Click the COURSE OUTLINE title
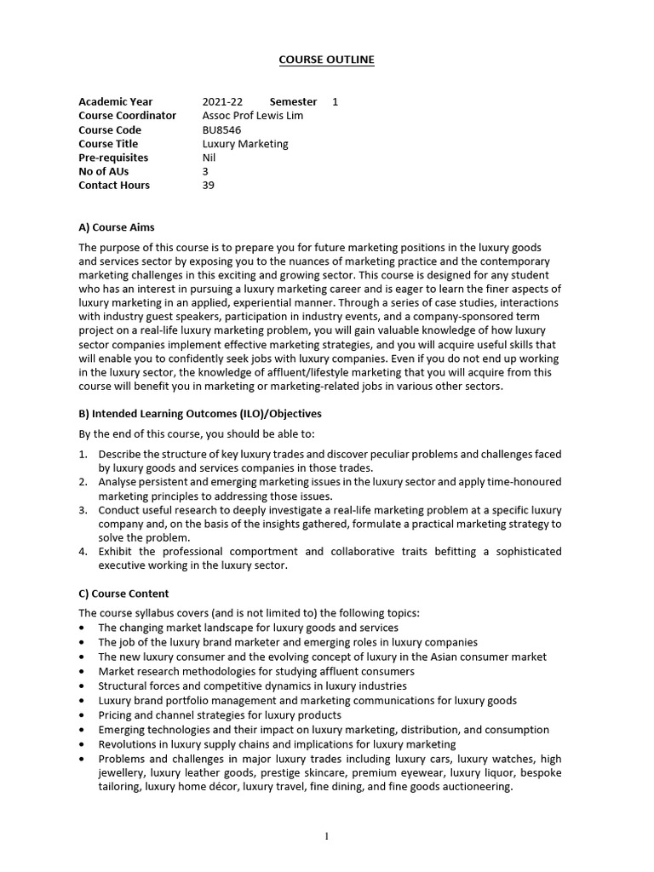click(x=327, y=60)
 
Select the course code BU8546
click(x=221, y=130)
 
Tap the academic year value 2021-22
click(x=222, y=102)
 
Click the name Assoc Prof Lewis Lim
click(x=252, y=116)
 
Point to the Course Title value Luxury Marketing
click(x=245, y=144)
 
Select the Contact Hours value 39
click(x=209, y=185)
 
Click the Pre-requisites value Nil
click(x=209, y=158)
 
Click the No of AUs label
click(x=102, y=171)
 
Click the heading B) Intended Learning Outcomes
click(x=200, y=414)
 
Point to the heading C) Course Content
click(x=123, y=594)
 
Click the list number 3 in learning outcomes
click(x=83, y=510)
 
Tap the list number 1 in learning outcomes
click(x=83, y=455)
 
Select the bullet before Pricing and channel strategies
click(x=83, y=716)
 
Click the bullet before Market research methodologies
click(x=83, y=672)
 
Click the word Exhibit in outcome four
click(x=116, y=552)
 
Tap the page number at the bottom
click(x=327, y=836)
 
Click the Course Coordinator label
click(x=128, y=116)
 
